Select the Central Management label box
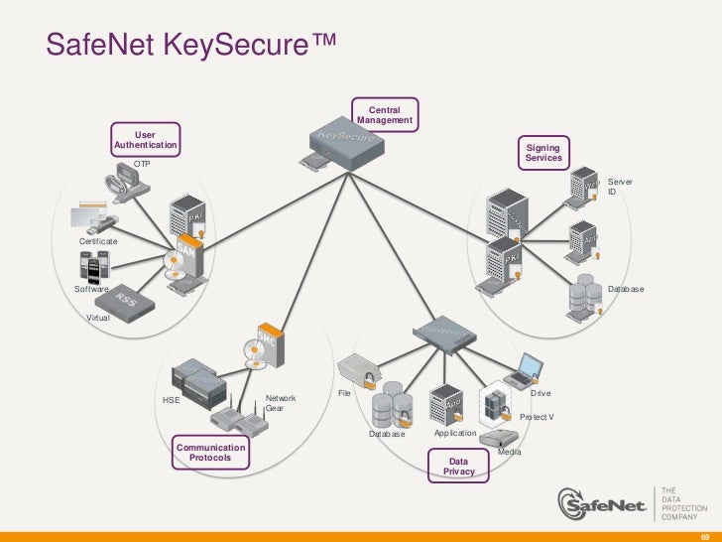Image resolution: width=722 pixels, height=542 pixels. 384,113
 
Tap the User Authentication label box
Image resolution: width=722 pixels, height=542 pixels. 145,140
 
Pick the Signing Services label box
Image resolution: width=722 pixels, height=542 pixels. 543,152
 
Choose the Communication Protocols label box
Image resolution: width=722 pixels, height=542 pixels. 209,453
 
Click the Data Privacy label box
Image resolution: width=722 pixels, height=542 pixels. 458,467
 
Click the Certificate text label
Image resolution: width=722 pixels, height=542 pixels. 98,241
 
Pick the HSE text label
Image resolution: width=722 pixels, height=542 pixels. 171,401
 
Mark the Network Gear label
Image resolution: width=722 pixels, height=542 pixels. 280,403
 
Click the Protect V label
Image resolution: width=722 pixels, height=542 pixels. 537,417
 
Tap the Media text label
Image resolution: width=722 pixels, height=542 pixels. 509,452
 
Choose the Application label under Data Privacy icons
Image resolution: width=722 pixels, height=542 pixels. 454,434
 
